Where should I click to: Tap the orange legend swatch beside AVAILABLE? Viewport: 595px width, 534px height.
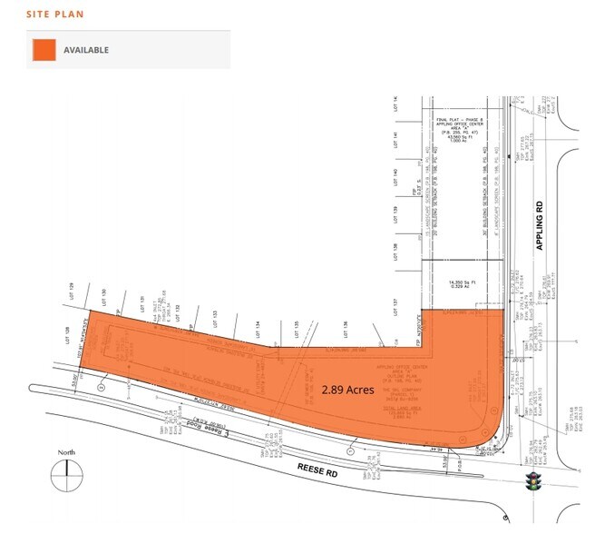click(43, 50)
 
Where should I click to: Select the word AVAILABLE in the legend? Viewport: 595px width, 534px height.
click(86, 50)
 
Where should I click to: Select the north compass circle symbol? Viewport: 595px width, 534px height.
click(67, 473)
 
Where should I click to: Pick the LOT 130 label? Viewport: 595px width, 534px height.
click(104, 295)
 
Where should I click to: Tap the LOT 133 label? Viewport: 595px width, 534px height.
click(214, 314)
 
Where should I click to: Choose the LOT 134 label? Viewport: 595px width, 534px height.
click(258, 323)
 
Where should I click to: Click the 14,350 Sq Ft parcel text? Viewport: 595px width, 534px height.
click(463, 287)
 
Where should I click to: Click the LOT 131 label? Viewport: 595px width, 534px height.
click(141, 303)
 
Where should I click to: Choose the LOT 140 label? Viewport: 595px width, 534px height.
click(397, 177)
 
